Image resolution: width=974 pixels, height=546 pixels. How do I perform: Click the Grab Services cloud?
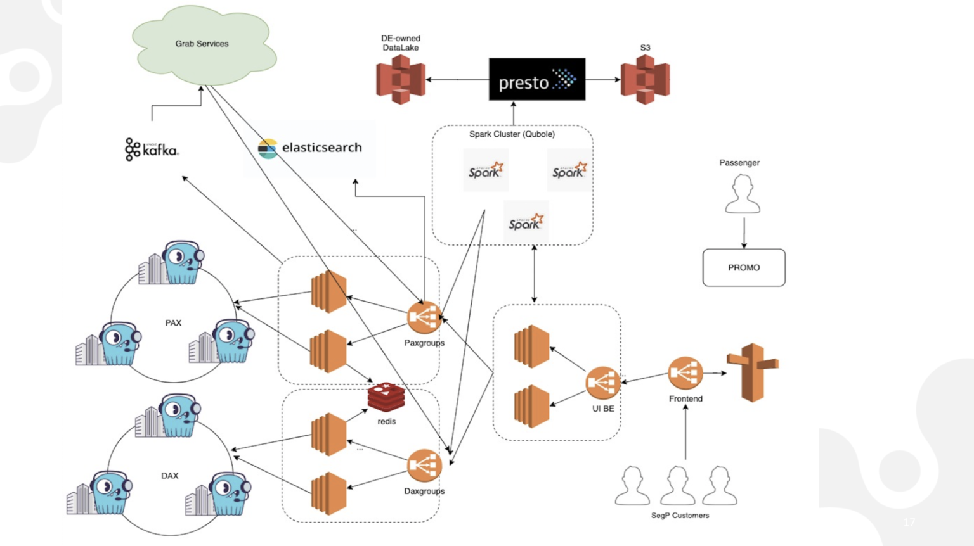[x=203, y=44]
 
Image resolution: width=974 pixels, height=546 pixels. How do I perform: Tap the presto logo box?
[x=536, y=79]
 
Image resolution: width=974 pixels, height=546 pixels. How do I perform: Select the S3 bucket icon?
[x=645, y=79]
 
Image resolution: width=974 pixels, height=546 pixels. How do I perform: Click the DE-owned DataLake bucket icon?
[x=400, y=79]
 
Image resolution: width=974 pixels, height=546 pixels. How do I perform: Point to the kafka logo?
[x=152, y=149]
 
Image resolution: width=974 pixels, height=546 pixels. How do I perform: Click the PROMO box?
[x=743, y=268]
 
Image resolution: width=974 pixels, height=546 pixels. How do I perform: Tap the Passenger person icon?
[x=743, y=194]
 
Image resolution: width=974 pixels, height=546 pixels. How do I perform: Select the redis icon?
[x=386, y=398]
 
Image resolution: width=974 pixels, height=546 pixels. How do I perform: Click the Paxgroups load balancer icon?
[x=424, y=317]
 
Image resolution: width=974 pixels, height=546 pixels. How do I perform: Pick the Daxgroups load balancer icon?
[x=424, y=466]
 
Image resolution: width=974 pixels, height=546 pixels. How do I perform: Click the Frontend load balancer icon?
[x=685, y=373]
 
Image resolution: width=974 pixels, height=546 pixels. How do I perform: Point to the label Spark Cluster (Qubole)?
[x=512, y=134]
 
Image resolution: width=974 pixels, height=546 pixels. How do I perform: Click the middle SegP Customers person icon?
[x=677, y=486]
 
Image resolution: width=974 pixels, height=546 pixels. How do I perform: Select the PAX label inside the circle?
[x=173, y=323]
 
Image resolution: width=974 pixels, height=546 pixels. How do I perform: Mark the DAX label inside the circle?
[x=169, y=476]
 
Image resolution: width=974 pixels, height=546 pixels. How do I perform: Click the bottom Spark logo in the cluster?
[x=526, y=222]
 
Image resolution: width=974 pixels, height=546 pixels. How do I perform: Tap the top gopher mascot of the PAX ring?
[x=180, y=262]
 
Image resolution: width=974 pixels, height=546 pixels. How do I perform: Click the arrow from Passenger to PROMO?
[x=744, y=232]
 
